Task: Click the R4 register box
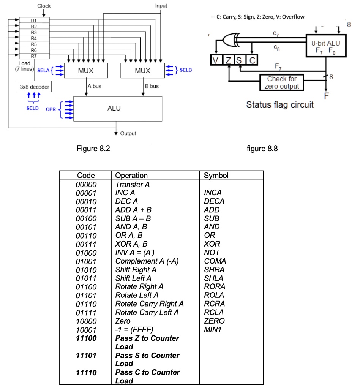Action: pos(34,38)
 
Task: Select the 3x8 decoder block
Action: pos(35,87)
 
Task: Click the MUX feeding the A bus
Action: pos(86,71)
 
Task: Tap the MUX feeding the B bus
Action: pos(142,71)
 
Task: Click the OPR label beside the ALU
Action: pos(51,109)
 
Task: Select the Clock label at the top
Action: pos(44,6)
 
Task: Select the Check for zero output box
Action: pos(281,82)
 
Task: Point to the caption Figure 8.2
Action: pos(93,149)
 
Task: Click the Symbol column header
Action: pos(216,176)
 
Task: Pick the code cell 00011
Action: pos(86,210)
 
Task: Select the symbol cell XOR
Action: pos(212,244)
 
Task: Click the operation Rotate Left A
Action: pos(137,295)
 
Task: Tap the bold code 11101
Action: pos(86,356)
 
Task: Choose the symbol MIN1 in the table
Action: pos(213,329)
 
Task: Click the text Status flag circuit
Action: pos(280,104)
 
